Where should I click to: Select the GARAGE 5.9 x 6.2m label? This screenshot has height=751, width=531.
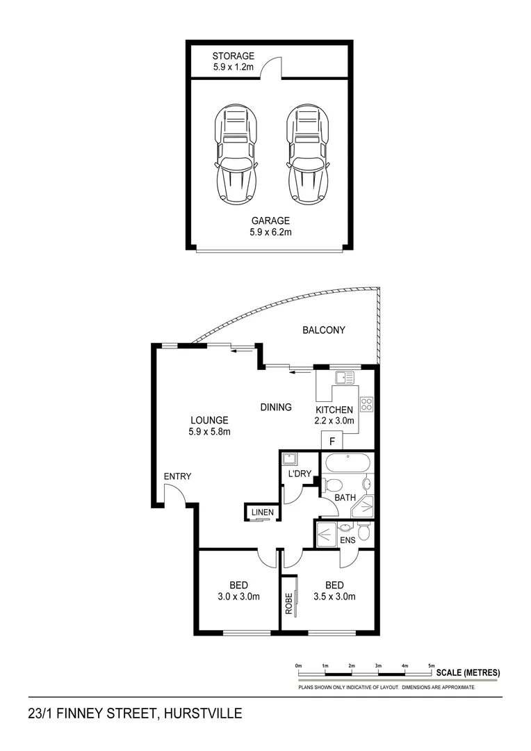pyautogui.click(x=271, y=227)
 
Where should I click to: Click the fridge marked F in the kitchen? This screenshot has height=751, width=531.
pyautogui.click(x=332, y=441)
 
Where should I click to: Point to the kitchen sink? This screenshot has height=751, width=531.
pyautogui.click(x=344, y=378)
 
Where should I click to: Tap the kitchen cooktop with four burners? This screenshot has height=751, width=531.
pyautogui.click(x=367, y=404)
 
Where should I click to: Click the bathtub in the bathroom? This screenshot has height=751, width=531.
pyautogui.click(x=348, y=463)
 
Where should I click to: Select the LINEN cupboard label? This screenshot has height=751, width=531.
pyautogui.click(x=262, y=513)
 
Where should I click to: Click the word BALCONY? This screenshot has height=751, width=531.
pyautogui.click(x=323, y=330)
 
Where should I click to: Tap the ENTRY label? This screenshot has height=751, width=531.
pyautogui.click(x=177, y=476)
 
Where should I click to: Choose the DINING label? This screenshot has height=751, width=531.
pyautogui.click(x=276, y=407)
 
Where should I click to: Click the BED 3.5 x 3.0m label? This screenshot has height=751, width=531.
pyautogui.click(x=334, y=590)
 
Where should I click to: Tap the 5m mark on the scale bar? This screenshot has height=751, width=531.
pyautogui.click(x=431, y=666)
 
